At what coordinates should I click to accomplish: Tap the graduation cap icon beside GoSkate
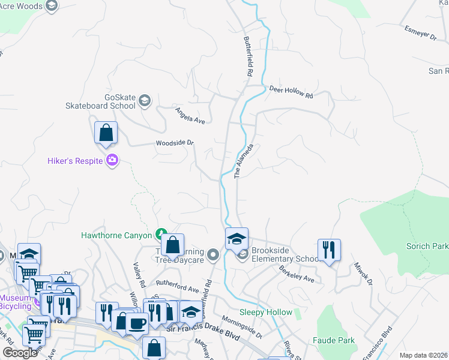click(x=144, y=100)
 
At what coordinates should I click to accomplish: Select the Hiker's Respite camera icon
click(x=112, y=160)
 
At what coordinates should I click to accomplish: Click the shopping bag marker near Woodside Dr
click(x=106, y=133)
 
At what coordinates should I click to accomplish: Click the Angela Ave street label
click(x=190, y=115)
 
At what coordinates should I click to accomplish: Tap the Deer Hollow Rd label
click(x=291, y=92)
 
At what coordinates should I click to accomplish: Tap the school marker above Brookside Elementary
click(x=237, y=238)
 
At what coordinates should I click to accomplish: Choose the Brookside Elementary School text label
click(x=284, y=254)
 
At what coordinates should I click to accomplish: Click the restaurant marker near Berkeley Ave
click(x=329, y=249)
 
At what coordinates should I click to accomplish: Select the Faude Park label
click(x=333, y=340)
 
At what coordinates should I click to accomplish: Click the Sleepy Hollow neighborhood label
click(x=266, y=312)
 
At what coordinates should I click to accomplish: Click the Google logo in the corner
click(x=20, y=353)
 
